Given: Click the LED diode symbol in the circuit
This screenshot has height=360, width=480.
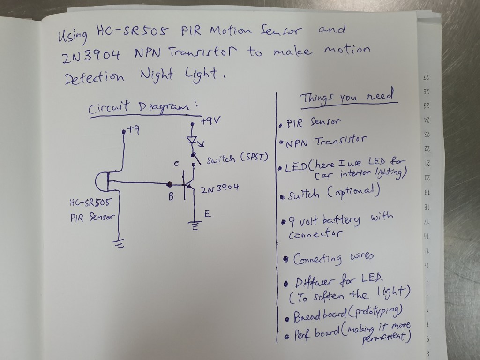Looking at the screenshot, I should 192,140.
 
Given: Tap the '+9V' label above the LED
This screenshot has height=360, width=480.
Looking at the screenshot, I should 210,121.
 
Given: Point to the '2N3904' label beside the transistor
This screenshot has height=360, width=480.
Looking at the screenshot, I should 219,189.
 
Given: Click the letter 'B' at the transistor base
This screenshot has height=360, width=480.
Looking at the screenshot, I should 172,197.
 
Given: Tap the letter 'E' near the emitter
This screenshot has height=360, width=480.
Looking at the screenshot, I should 207,214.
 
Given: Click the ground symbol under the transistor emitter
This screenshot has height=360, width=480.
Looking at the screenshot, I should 194,226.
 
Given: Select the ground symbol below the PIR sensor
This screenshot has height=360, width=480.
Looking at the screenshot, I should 120,243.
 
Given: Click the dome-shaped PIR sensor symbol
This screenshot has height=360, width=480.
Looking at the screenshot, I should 103,180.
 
